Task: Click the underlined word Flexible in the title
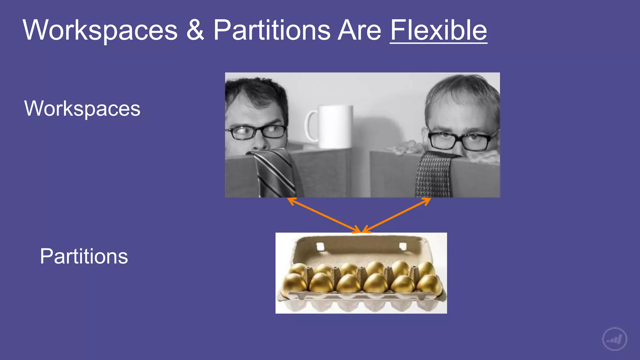(x=438, y=30)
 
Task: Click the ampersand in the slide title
(x=195, y=30)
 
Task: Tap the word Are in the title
(x=359, y=30)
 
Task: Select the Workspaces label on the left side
(x=82, y=108)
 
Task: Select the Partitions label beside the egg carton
(x=84, y=256)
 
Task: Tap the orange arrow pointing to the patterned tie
(x=397, y=215)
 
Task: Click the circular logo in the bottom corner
(x=614, y=339)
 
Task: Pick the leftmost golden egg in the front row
(x=294, y=283)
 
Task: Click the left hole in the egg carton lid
(x=320, y=246)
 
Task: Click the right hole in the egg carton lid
(x=403, y=246)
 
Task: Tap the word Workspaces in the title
(x=100, y=30)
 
